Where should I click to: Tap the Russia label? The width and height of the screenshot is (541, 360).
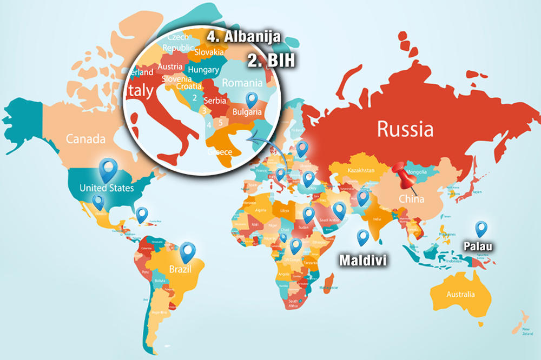[405, 130]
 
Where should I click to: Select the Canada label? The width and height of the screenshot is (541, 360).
[85, 139]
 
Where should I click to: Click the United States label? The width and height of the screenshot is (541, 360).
[106, 188]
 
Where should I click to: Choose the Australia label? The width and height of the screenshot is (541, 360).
[460, 295]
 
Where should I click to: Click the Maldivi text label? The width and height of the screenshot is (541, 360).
[362, 261]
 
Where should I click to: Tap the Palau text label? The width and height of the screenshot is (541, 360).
[479, 246]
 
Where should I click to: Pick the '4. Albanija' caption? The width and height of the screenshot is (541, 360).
[243, 37]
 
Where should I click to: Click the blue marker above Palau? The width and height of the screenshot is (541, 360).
[480, 230]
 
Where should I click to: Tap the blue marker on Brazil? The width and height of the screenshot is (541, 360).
[188, 252]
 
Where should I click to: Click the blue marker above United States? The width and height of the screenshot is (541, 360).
[109, 169]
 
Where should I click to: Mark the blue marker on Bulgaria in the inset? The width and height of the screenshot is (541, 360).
[251, 101]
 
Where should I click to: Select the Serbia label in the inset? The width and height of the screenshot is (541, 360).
[215, 101]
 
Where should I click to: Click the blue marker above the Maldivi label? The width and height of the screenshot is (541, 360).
[362, 237]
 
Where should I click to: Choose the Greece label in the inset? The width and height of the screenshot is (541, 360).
[220, 152]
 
